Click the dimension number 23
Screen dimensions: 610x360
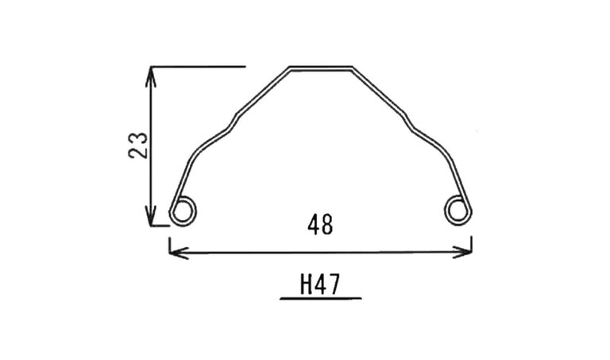pyautogui.click(x=138, y=145)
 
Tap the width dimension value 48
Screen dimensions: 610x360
pyautogui.click(x=320, y=226)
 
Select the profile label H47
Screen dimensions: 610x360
pyautogui.click(x=320, y=285)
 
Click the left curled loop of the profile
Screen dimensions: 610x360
pyautogui.click(x=183, y=211)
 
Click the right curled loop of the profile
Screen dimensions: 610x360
pyautogui.click(x=458, y=211)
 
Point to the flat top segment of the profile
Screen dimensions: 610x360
pyautogui.click(x=321, y=68)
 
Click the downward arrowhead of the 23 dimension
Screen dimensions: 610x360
pyautogui.click(x=151, y=215)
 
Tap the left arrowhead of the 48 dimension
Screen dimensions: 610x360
pyautogui.click(x=179, y=253)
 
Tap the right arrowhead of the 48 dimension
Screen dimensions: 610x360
pyautogui.click(x=462, y=252)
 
